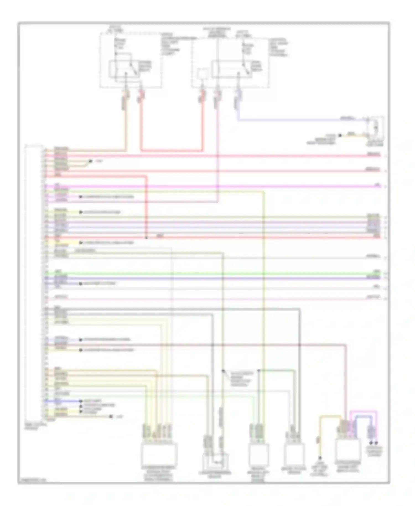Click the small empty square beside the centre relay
coord(203,74)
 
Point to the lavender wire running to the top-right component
coord(290,120)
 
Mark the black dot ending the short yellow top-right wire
coord(340,135)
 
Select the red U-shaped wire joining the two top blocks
coord(172,151)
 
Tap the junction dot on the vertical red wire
coord(146,237)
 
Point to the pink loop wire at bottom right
coord(363,412)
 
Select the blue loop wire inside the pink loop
coord(362,417)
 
